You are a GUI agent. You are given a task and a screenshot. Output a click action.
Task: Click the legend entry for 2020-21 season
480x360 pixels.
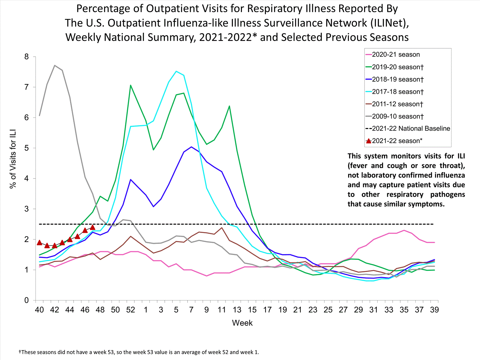point(396,55)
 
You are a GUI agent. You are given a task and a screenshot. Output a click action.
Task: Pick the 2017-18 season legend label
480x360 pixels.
point(397,92)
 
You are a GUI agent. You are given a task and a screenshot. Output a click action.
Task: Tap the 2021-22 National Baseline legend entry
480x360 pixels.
point(411,129)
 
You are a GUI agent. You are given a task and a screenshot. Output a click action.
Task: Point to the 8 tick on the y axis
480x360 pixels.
point(27,57)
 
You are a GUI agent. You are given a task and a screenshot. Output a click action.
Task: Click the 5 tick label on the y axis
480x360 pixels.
point(27,148)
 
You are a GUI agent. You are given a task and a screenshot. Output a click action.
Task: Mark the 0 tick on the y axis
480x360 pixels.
point(27,300)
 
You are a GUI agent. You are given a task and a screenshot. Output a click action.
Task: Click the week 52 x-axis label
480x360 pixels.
point(131,310)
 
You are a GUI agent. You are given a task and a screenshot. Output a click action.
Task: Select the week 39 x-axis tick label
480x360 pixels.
point(434,310)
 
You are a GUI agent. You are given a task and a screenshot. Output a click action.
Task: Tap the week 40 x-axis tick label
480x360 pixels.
point(39,310)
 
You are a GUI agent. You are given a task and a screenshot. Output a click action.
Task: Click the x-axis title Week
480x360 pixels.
point(242,323)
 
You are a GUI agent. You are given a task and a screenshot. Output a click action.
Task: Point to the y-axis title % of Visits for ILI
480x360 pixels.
point(13,159)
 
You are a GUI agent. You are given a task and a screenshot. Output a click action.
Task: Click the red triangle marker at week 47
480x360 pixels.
point(93,227)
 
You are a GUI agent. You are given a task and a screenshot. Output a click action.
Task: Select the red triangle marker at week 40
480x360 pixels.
point(39,243)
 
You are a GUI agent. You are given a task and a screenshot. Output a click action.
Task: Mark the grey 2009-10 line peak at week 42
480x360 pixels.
point(55,66)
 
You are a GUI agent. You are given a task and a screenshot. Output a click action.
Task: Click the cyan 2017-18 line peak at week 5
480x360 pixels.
point(176,71)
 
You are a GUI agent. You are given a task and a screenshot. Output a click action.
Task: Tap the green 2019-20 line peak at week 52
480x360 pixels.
point(131,85)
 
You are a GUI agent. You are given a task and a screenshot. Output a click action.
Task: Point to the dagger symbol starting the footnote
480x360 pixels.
point(20,352)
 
